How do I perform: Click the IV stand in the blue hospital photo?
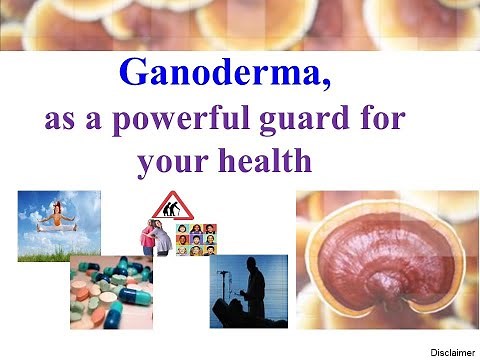point(226,290)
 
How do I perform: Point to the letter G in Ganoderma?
point(134,72)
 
